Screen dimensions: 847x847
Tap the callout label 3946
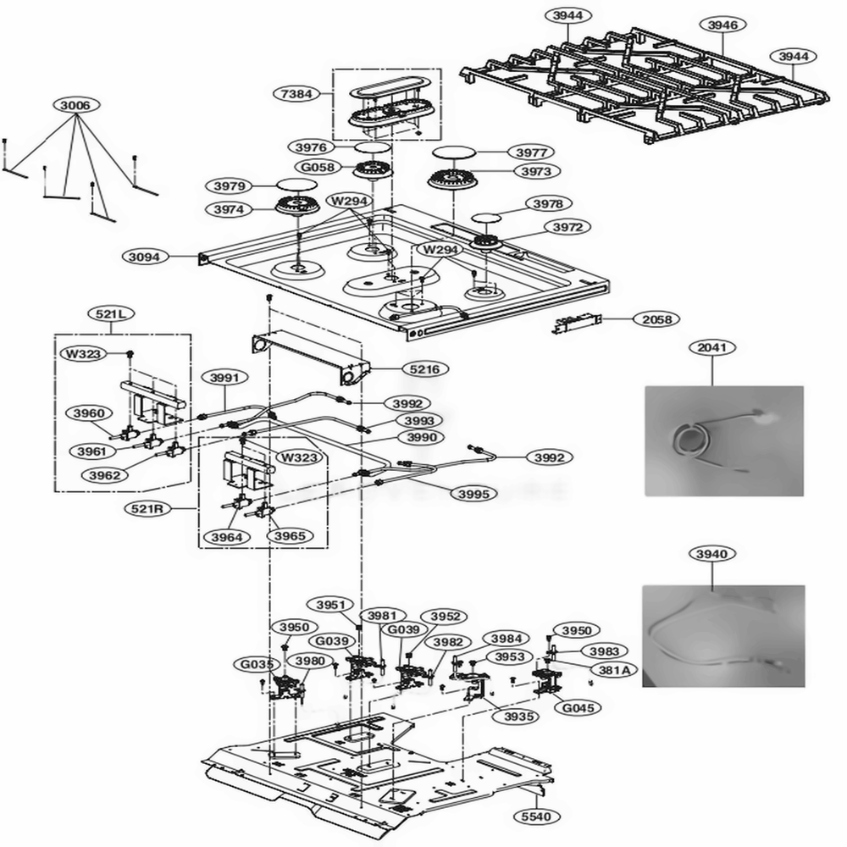click(722, 25)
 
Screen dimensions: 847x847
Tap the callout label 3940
click(711, 554)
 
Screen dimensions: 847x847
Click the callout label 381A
click(613, 669)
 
